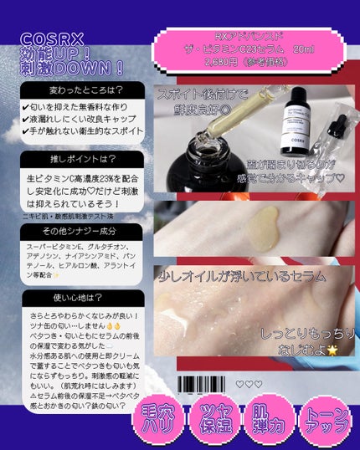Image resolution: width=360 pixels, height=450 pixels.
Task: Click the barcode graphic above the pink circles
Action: tap(204, 384)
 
